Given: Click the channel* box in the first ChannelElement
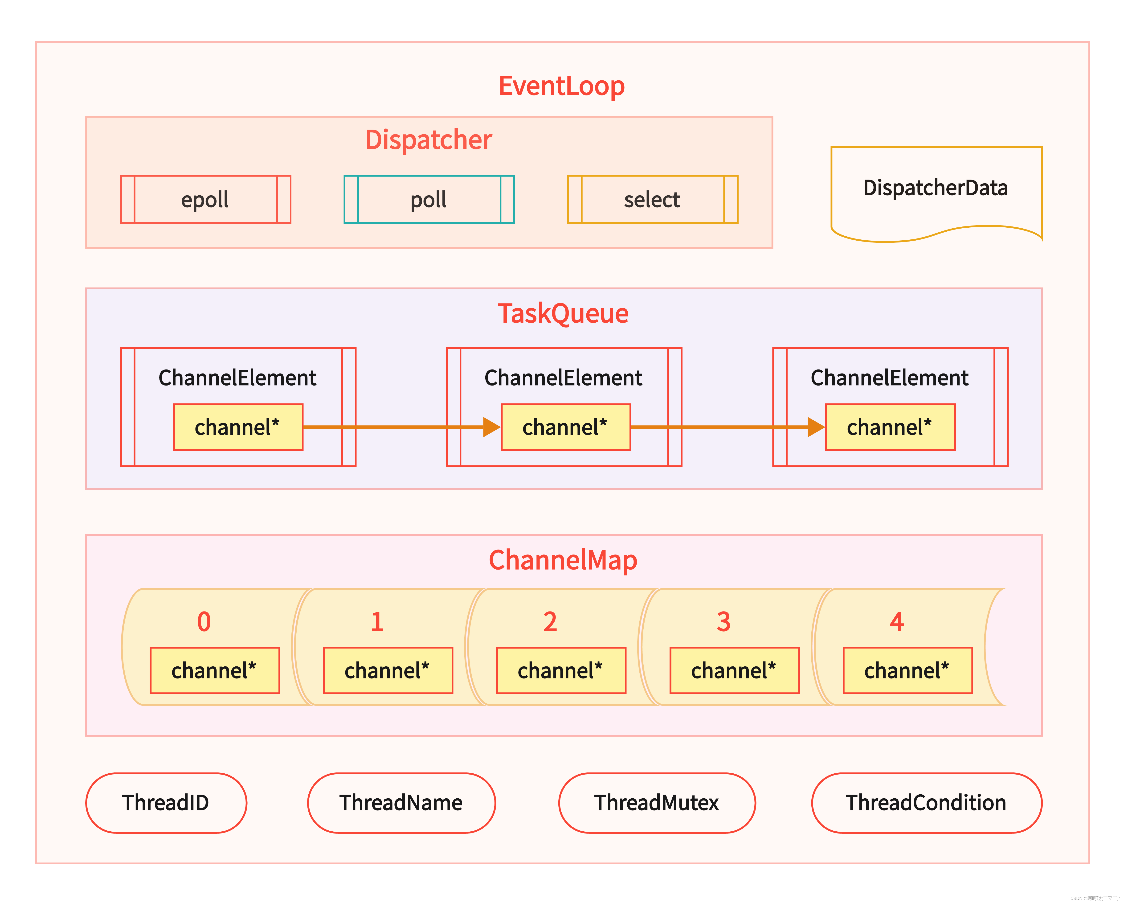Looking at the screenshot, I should [238, 427].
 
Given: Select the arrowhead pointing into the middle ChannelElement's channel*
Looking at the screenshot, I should [491, 427].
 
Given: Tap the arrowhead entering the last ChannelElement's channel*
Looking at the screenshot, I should [815, 427].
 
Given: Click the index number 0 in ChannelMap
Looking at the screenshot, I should [204, 621].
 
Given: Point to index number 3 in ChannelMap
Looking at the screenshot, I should [723, 621].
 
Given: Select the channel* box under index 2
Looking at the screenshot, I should [561, 670].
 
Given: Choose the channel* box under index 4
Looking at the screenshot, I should [907, 670].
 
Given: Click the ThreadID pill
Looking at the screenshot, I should [166, 803].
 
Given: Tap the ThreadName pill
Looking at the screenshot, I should [401, 803].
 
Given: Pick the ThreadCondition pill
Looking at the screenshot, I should [926, 803].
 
